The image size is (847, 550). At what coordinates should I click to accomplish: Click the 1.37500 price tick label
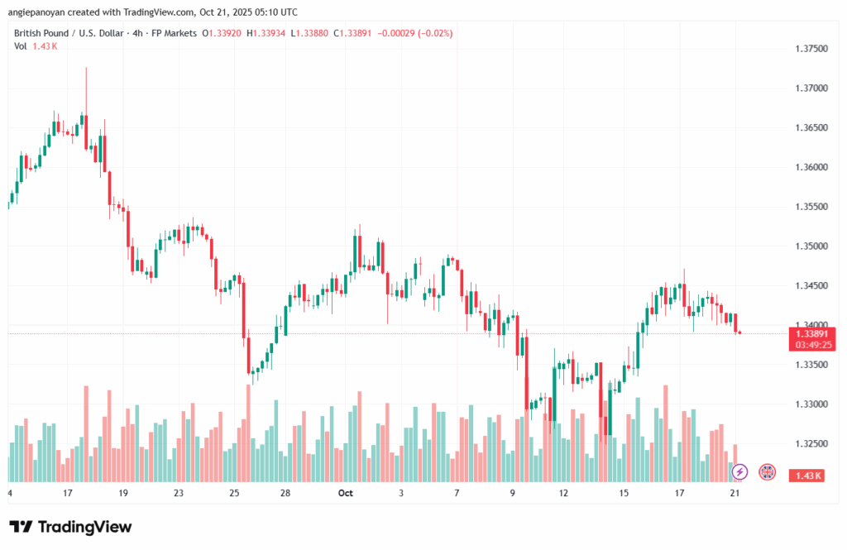point(811,49)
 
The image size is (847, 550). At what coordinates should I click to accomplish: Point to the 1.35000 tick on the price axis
point(811,246)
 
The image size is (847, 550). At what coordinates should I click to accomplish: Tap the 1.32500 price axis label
point(811,444)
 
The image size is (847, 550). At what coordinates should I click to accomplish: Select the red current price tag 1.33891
point(811,333)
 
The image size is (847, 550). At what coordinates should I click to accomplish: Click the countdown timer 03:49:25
point(811,345)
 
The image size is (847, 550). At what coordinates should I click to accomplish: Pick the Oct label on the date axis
point(346,493)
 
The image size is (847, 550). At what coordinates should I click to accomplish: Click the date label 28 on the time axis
point(285,493)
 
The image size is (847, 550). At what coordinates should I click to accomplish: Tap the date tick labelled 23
point(178,493)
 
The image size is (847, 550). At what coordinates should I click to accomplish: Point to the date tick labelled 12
point(563,493)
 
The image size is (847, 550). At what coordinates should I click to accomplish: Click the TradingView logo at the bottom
point(70,527)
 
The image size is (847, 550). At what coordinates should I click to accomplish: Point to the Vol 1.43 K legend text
point(36,45)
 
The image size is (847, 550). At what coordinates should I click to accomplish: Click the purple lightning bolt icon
point(740,471)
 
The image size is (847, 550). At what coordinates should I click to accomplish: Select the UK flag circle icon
point(767,471)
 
